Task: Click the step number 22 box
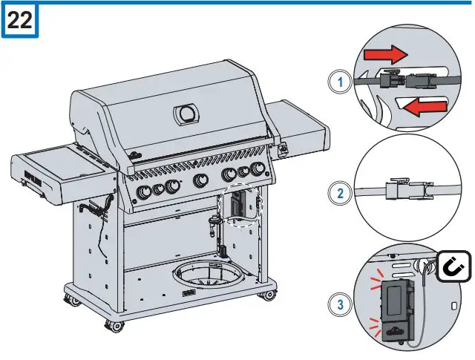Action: click(x=20, y=20)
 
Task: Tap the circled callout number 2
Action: click(x=341, y=195)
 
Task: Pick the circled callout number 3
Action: click(x=341, y=304)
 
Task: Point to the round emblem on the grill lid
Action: click(x=186, y=114)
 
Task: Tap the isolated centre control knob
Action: click(x=200, y=180)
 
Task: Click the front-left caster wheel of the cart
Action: click(x=113, y=324)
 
